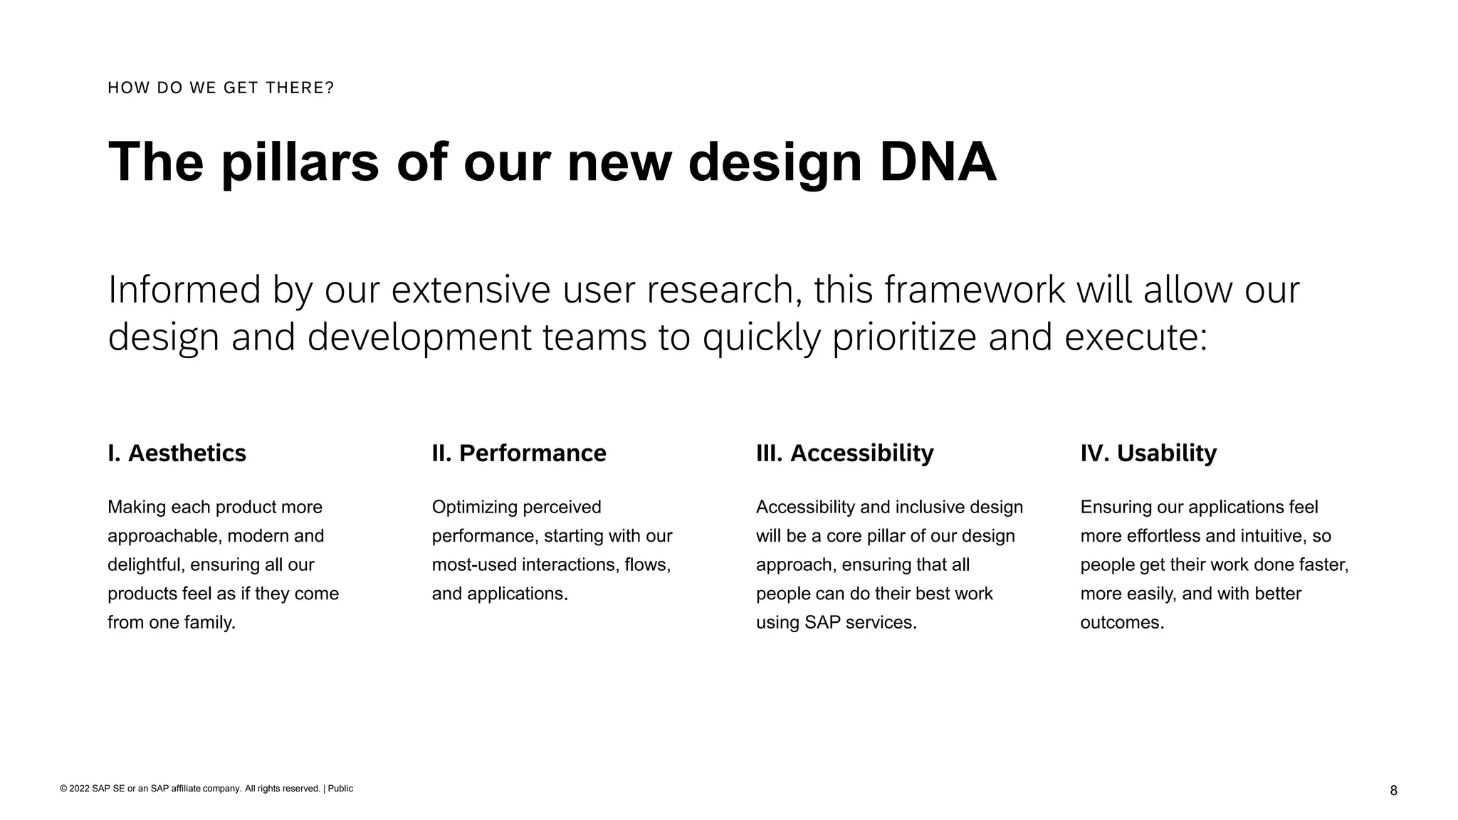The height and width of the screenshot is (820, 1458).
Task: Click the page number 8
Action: point(1393,791)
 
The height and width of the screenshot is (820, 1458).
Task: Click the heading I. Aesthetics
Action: point(177,453)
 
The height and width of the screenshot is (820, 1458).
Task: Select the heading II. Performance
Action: point(519,453)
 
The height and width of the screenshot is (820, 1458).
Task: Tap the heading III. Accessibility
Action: point(844,453)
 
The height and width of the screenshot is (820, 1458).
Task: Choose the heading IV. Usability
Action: point(1148,453)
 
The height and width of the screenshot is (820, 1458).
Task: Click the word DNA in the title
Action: point(938,162)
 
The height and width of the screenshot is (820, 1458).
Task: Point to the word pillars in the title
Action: point(300,162)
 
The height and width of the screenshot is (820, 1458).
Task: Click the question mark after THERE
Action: point(330,88)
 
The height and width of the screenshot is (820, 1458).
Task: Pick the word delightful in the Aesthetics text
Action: point(146,565)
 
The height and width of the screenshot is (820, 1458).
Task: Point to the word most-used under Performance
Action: point(473,565)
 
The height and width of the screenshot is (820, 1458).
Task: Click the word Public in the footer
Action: point(340,789)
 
